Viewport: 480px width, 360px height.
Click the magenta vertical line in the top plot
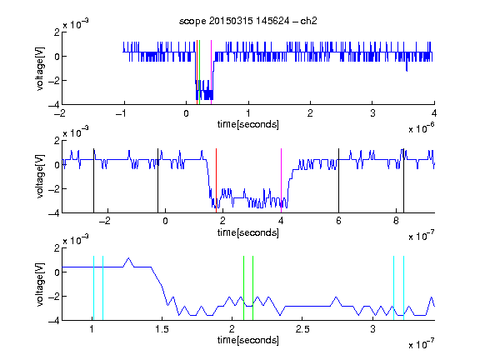pyautogui.click(x=211, y=72)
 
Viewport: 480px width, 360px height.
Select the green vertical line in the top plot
pyautogui.click(x=200, y=72)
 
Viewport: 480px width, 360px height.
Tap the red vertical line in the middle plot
pyautogui.click(x=216, y=181)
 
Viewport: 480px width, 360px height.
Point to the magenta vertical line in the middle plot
pyautogui.click(x=281, y=181)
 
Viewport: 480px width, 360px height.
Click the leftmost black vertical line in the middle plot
pyautogui.click(x=93, y=181)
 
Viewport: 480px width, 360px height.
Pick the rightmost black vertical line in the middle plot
pyautogui.click(x=403, y=181)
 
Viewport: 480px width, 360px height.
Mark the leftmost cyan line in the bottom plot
pyautogui.click(x=93, y=288)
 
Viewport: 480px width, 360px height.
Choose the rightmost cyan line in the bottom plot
pyautogui.click(x=403, y=288)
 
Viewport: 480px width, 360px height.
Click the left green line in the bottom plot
pyautogui.click(x=243, y=288)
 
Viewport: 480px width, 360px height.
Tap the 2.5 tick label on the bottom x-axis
pyautogui.click(x=302, y=329)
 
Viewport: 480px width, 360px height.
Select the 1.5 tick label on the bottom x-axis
pyautogui.click(x=162, y=329)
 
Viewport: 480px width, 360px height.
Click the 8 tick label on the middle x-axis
pyautogui.click(x=396, y=221)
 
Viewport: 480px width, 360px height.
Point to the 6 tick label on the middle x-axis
pyautogui.click(x=338, y=221)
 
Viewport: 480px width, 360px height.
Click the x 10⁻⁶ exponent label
pyautogui.click(x=422, y=127)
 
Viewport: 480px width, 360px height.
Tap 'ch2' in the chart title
pyautogui.click(x=308, y=21)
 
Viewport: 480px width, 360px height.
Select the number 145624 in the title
pyautogui.click(x=272, y=21)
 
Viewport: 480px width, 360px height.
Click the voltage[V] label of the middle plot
pyautogui.click(x=40, y=177)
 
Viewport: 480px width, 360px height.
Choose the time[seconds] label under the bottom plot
pyautogui.click(x=248, y=340)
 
